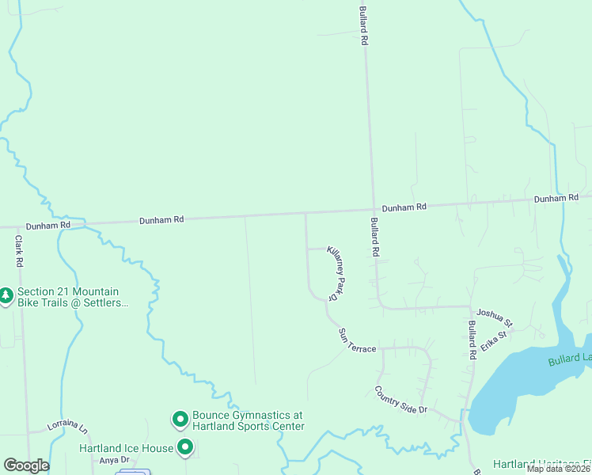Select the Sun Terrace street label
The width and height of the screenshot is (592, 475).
357,340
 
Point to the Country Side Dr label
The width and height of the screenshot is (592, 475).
400,400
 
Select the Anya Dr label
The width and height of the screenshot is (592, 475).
113,460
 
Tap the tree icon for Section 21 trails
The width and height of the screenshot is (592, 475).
6,295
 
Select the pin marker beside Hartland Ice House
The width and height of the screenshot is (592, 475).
185,448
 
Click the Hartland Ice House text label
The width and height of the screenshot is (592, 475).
126,448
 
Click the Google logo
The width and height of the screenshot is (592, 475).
26,465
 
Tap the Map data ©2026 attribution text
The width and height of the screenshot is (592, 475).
559,469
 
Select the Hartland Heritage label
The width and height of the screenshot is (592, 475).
541,464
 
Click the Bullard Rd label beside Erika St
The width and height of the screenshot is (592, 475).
472,340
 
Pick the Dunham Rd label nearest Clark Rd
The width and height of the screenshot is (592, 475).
48,225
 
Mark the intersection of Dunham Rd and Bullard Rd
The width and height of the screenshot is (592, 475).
373,210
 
